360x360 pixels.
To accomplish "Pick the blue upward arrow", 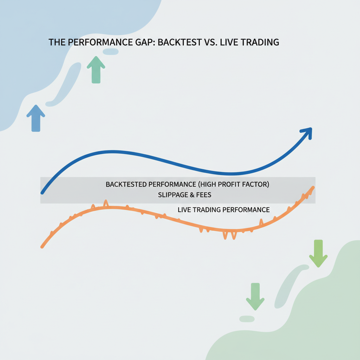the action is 36,118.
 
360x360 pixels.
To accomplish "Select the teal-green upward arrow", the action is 96,70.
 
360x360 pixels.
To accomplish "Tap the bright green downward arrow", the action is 318,253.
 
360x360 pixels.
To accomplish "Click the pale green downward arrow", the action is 255,296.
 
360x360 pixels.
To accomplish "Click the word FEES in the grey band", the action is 204,195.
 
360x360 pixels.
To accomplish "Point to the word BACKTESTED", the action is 126,184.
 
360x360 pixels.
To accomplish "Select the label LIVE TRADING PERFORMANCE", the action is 224,210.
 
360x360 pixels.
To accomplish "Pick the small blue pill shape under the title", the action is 111,52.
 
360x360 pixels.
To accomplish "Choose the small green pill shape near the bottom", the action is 247,319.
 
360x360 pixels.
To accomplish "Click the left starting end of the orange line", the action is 42,247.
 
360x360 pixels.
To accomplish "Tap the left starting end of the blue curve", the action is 42,193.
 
